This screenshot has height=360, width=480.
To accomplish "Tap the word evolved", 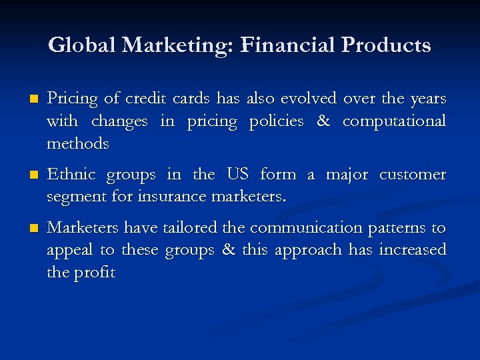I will [x=308, y=99].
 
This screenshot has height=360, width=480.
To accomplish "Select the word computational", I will [x=395, y=122].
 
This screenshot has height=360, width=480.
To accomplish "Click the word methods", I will [x=78, y=143].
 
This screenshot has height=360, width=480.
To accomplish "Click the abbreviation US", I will [x=237, y=175].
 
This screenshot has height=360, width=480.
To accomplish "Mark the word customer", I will [x=413, y=175].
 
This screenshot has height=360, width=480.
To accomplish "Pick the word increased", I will [x=413, y=250].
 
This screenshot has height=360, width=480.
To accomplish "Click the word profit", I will [x=93, y=273].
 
